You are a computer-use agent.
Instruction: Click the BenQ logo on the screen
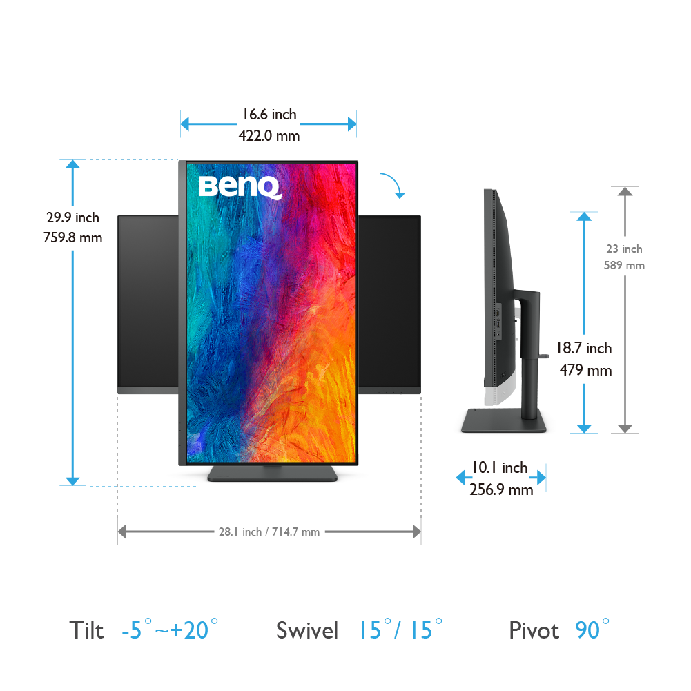pyautogui.click(x=240, y=187)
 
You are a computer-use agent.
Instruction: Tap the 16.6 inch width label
pyautogui.click(x=269, y=115)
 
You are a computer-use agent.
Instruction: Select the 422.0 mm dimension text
pyautogui.click(x=269, y=136)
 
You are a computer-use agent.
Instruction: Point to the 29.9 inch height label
pyautogui.click(x=72, y=217)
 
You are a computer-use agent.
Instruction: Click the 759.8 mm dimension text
pyautogui.click(x=72, y=237)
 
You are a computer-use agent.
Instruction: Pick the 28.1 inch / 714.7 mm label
pyautogui.click(x=269, y=532)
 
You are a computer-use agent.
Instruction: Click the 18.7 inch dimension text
pyautogui.click(x=584, y=348)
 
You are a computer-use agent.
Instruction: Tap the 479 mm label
pyautogui.click(x=585, y=370)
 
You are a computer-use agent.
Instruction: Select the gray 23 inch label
pyautogui.click(x=625, y=249)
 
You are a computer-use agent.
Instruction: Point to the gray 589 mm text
pyautogui.click(x=625, y=265)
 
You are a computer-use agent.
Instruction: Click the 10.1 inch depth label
pyautogui.click(x=500, y=467)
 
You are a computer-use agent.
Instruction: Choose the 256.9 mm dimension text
pyautogui.click(x=501, y=489)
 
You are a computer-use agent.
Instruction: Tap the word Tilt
pyautogui.click(x=86, y=630)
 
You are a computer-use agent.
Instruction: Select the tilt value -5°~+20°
pyautogui.click(x=170, y=630)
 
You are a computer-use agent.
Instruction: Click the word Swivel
pyautogui.click(x=307, y=630)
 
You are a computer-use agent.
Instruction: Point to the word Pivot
pyautogui.click(x=534, y=630)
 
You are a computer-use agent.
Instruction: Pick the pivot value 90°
pyautogui.click(x=592, y=630)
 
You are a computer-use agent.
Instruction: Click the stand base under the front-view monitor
pyautogui.click(x=273, y=474)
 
